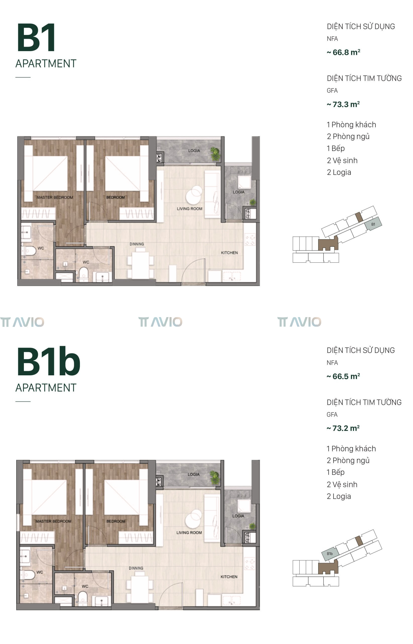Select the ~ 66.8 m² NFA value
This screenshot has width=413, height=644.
pos(343,52)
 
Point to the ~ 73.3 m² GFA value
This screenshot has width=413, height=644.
pos(343,104)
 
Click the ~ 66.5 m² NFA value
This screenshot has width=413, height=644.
pos(343,376)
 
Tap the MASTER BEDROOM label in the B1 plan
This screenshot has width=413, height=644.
pos(55,197)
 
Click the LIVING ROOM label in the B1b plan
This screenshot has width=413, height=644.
pos(189,532)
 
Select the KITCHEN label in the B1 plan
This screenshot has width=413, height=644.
pos(229,253)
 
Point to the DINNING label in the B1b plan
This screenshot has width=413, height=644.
pos(136,568)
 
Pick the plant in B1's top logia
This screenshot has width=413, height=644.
pos(215,154)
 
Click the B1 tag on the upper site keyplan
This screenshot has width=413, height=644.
pos(373,224)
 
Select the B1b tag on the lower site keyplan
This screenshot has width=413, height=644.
pos(330,554)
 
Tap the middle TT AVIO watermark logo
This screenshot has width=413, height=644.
pos(160,322)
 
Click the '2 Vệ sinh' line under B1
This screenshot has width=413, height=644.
pos(342,160)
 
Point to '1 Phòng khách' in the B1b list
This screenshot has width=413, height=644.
pos(351,448)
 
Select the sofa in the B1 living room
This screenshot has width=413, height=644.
pos(212,195)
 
